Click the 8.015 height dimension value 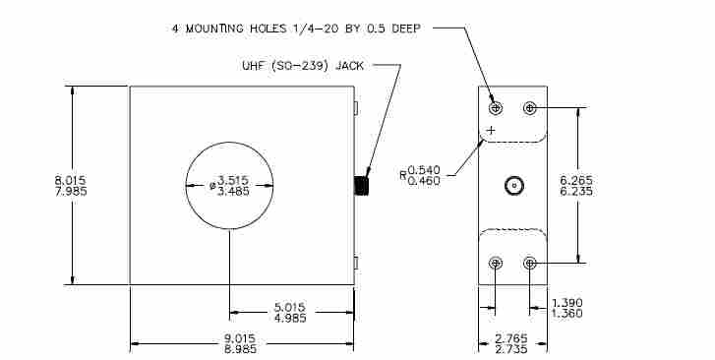click(x=70, y=181)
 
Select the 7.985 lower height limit click(x=71, y=191)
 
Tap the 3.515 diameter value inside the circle click(x=233, y=180)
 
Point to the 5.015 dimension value click(x=290, y=307)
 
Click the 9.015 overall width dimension click(x=240, y=339)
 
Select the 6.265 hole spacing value click(x=576, y=181)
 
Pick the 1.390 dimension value click(x=567, y=303)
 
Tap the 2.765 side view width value click(x=511, y=339)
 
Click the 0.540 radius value click(x=424, y=170)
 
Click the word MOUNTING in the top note click(x=213, y=29)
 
